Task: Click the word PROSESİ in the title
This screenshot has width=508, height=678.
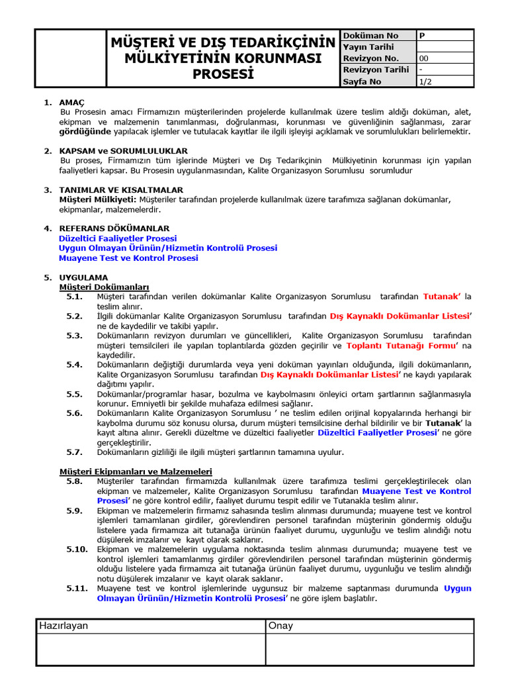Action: [x=223, y=74]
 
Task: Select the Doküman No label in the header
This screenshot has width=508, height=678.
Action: [x=370, y=36]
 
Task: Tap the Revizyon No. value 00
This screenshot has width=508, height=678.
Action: [x=424, y=58]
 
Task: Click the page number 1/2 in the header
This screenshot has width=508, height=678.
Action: [x=425, y=81]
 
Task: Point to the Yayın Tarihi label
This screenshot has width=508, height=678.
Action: [x=368, y=47]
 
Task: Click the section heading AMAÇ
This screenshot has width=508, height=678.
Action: [x=72, y=103]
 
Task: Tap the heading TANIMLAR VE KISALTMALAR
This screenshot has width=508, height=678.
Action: [x=121, y=189]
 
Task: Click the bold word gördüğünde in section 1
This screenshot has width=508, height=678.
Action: [x=83, y=131]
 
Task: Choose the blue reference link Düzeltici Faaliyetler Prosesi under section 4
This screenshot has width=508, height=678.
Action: [x=118, y=238]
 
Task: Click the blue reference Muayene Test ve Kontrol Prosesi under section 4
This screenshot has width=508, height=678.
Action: [x=128, y=258]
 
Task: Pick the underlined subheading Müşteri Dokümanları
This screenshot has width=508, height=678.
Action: [x=104, y=287]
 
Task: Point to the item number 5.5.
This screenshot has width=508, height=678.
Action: [x=74, y=394]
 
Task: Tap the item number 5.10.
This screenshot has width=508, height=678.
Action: [x=77, y=550]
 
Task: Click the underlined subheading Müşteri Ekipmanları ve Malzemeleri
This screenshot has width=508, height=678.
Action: [x=136, y=471]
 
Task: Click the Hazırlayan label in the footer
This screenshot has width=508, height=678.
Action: [x=63, y=626]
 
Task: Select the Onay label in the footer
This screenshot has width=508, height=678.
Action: [x=281, y=626]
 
